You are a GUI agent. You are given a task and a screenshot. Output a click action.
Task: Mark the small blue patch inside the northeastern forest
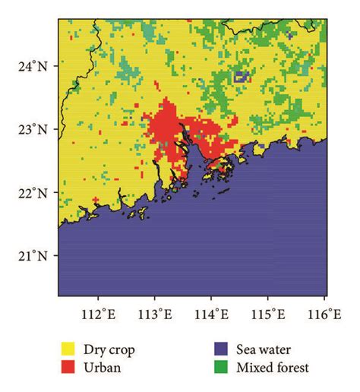click(242, 76)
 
